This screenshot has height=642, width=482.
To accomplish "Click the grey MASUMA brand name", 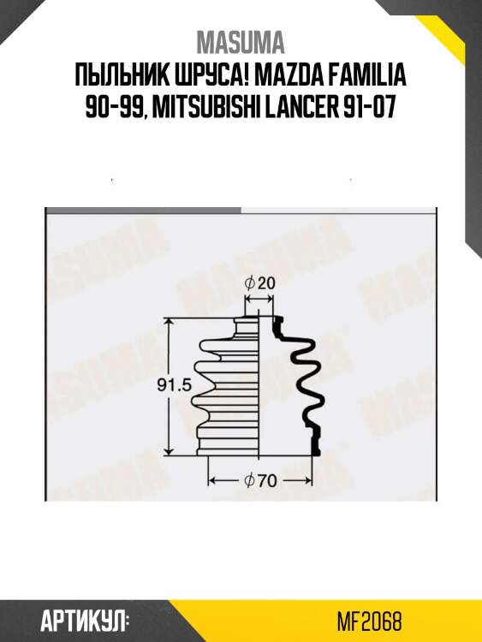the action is pyautogui.click(x=241, y=42).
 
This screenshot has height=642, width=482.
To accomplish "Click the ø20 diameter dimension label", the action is pyautogui.click(x=259, y=283).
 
